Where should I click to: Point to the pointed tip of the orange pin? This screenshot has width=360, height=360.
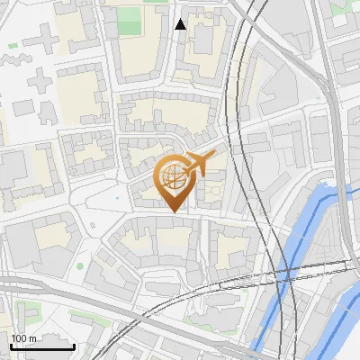coord(173,211)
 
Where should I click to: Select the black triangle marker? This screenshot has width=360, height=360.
coord(180,24)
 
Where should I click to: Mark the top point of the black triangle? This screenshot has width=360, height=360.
coord(180,19)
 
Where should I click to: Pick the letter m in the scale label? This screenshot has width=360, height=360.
coord(31,338)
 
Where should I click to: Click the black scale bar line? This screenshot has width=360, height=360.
coord(41,346)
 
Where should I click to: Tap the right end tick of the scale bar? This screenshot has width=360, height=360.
coord(74,345)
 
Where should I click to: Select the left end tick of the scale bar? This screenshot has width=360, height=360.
coord(10,345)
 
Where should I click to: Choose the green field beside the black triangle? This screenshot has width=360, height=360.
coord(130,20)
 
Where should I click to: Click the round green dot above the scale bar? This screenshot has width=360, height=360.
coord(79,265)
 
